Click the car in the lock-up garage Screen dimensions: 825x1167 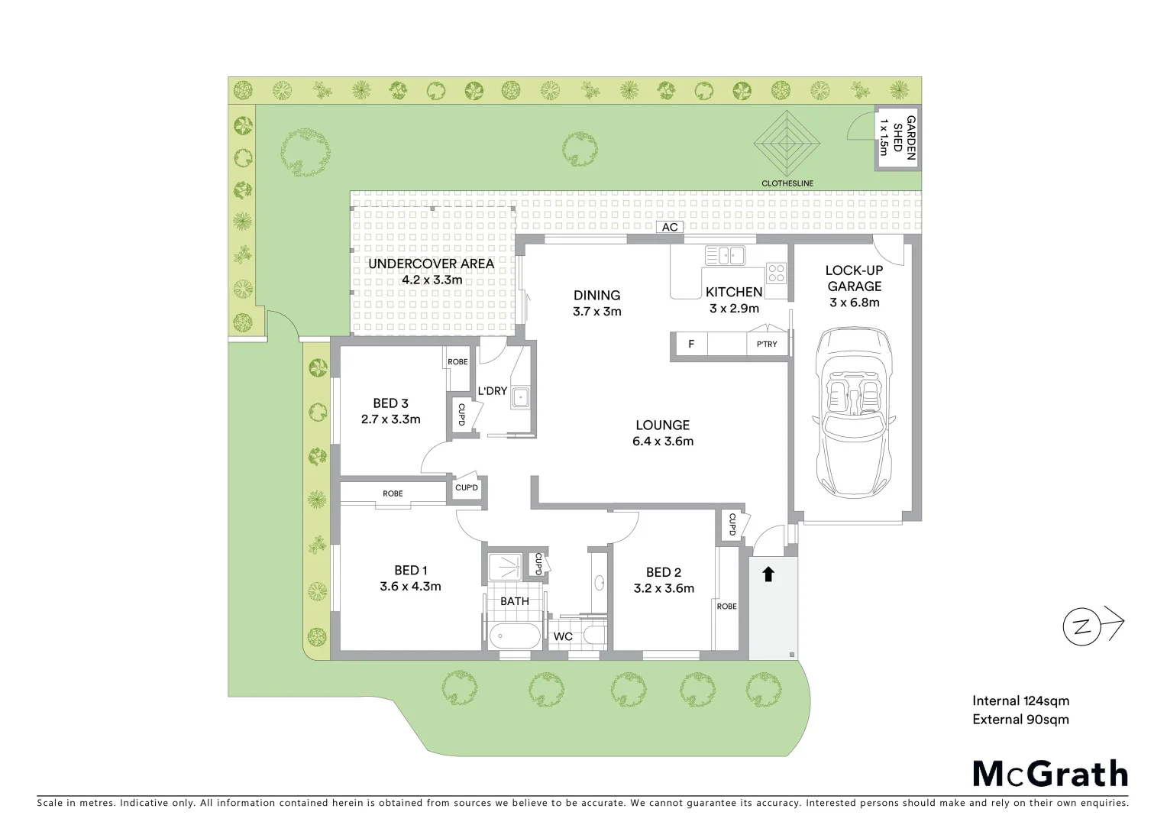[854, 412]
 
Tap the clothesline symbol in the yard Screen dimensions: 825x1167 [787, 144]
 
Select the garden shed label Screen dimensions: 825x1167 [898, 137]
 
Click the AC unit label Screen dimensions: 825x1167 [670, 228]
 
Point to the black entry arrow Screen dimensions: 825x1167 [768, 574]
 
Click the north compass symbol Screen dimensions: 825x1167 [1081, 627]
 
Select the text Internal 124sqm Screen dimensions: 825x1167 [1020, 700]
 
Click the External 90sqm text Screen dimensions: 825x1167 [1020, 720]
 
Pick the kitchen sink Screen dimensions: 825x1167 [725, 255]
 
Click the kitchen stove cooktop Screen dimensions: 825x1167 [777, 273]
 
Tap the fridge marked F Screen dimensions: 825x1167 [691, 345]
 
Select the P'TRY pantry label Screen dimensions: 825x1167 [767, 345]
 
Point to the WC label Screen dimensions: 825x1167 [563, 636]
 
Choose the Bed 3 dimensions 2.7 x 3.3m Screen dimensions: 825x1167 [390, 419]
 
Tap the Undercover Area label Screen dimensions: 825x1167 [432, 264]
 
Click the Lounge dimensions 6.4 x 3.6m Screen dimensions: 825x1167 [663, 442]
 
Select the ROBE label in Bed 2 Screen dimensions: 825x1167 [727, 607]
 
